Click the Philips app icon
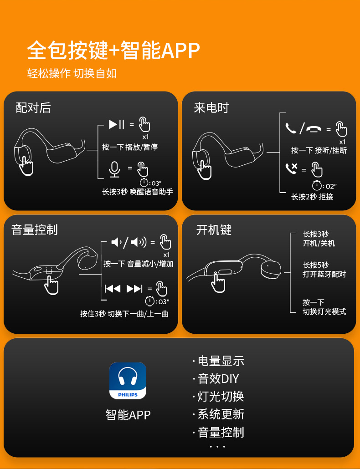pyautogui.click(x=128, y=381)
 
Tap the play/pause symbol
pyautogui.click(x=116, y=124)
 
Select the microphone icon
pyautogui.click(x=114, y=169)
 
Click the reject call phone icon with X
pyautogui.click(x=291, y=169)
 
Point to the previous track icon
pyautogui.click(x=113, y=289)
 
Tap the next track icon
pyautogui.click(x=134, y=289)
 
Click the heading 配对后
pyautogui.click(x=33, y=107)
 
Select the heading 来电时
pyautogui.click(x=211, y=107)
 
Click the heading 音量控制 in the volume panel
pyautogui.click(x=35, y=229)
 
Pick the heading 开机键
pyautogui.click(x=214, y=229)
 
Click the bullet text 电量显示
pyautogui.click(x=221, y=361)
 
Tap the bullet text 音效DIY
pyautogui.click(x=218, y=379)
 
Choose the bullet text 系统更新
pyautogui.click(x=221, y=414)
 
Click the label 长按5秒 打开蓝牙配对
pyautogui.click(x=324, y=270)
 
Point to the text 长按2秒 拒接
pyautogui.click(x=312, y=197)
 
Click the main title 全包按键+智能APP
pyautogui.click(x=113, y=50)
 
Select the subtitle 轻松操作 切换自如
pyautogui.click(x=72, y=73)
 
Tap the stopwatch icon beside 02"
pyautogui.click(x=317, y=185)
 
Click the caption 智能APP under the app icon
pyautogui.click(x=128, y=415)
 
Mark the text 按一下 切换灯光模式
pyautogui.click(x=324, y=307)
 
